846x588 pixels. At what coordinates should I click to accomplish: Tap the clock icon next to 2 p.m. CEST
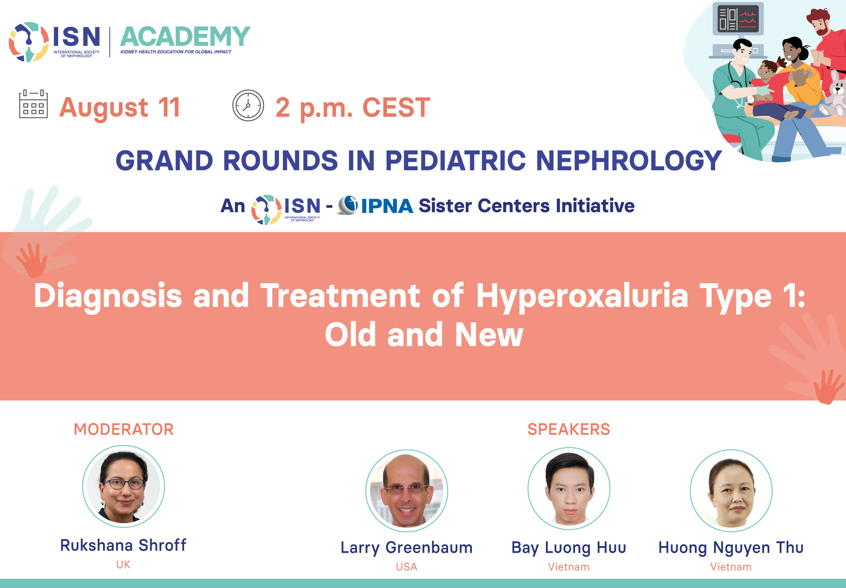coord(248,105)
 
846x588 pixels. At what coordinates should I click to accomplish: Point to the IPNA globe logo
coord(348,205)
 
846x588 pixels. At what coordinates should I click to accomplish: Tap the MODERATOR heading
coord(124,429)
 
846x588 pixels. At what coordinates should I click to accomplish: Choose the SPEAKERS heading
coord(569,429)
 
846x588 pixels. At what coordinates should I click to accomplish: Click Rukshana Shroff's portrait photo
coord(124,486)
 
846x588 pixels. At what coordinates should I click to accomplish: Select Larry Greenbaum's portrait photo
coord(407,491)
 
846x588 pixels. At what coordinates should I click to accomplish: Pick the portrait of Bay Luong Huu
coord(569,489)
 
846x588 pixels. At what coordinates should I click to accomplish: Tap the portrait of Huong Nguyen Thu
coord(731,491)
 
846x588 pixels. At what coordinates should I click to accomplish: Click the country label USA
coord(407,567)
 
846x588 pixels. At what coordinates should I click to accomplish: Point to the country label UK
coord(123,565)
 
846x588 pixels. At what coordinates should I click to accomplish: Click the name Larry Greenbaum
coord(407,547)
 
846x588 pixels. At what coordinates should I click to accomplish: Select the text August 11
coord(120,108)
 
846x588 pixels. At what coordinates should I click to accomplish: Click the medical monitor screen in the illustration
coord(738,19)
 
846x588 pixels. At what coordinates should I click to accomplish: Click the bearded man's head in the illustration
coord(820,22)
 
